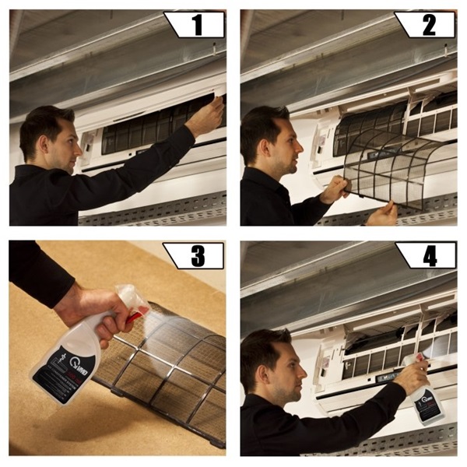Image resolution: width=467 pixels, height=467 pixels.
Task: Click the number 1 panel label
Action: [197, 25]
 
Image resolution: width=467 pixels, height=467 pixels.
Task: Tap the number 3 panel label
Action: [196, 255]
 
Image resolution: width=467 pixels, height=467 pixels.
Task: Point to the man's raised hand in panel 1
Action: [205, 115]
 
